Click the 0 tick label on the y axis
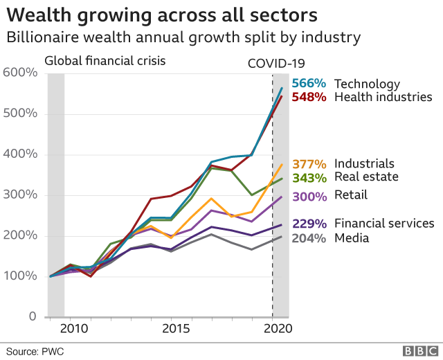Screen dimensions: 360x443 coord(32,317)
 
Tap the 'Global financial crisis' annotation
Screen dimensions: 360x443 coord(105,60)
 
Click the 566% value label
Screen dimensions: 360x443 coord(309,84)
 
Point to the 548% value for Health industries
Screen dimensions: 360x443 coord(309,97)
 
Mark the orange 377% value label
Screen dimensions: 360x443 coord(309,164)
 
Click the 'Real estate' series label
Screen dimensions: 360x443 coord(366,177)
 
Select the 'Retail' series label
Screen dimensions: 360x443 coord(351,195)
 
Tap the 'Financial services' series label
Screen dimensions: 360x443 coord(384,223)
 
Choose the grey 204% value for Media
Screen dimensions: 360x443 coord(309,237)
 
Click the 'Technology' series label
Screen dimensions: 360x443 coord(367,84)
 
